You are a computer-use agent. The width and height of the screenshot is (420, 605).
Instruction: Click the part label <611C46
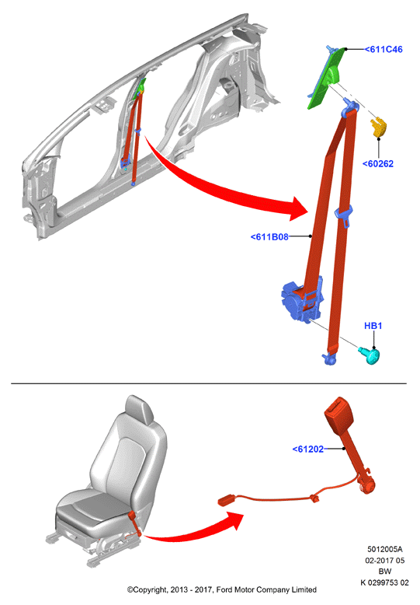click(x=384, y=50)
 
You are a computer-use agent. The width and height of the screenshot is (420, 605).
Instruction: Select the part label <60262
click(x=378, y=164)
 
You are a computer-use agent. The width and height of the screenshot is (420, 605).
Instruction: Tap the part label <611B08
click(x=269, y=237)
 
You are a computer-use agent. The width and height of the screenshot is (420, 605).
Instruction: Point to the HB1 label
click(x=373, y=326)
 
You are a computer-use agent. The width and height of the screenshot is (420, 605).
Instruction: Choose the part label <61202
click(x=308, y=449)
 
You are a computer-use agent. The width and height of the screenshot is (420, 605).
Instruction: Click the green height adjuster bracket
click(x=328, y=77)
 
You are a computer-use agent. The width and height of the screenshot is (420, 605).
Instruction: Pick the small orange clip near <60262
click(x=378, y=128)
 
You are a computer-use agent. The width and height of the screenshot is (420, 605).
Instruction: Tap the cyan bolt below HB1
click(x=370, y=355)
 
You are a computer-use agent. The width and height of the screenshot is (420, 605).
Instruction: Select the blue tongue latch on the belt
click(x=344, y=215)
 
